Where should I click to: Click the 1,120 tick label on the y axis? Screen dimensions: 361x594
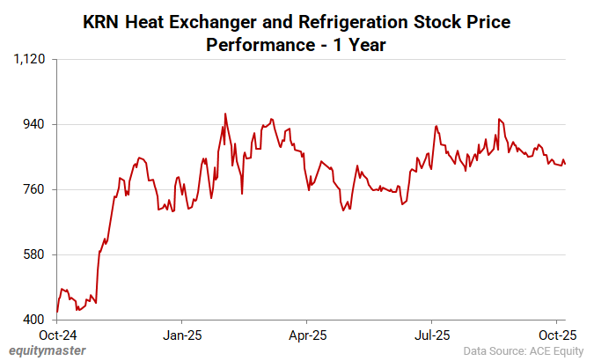click(x=31, y=59)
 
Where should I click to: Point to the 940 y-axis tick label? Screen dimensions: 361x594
click(x=35, y=124)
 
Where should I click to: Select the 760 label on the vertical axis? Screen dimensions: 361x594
click(x=35, y=189)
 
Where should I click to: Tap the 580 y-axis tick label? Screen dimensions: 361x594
click(x=35, y=254)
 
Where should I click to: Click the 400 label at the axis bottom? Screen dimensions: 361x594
click(x=35, y=320)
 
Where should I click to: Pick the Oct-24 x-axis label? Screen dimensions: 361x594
click(x=56, y=335)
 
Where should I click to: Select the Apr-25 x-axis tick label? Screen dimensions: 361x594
click(x=306, y=335)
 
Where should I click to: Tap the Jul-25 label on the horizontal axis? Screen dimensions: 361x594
click(x=432, y=335)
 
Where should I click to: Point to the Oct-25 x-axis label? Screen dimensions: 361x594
click(x=557, y=335)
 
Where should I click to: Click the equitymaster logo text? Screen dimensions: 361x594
click(x=48, y=350)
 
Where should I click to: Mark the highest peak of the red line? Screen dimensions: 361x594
click(x=225, y=114)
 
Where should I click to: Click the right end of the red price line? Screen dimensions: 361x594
click(x=565, y=164)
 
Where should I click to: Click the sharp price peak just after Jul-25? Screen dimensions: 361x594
click(x=436, y=126)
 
